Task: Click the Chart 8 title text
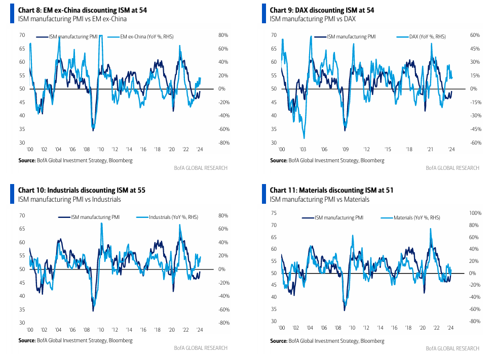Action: [x=83, y=10]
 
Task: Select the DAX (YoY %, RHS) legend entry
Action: [x=421, y=36]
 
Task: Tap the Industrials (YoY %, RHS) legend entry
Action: [x=167, y=217]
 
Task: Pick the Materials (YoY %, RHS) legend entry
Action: [x=410, y=217]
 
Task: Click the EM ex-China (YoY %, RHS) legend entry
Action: [x=140, y=36]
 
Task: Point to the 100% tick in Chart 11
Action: [x=475, y=213]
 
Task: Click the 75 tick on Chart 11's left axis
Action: [x=274, y=213]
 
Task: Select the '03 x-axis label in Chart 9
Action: [x=303, y=149]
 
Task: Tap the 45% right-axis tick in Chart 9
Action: [x=475, y=49]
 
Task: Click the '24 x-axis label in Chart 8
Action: [x=200, y=149]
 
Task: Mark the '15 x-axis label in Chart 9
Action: [x=388, y=149]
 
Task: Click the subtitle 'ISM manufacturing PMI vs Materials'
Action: [x=319, y=199]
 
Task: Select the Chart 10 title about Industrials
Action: [x=82, y=190]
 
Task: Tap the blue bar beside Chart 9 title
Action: [x=264, y=14]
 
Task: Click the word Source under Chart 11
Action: [x=278, y=341]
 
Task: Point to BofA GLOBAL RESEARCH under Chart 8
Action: [x=201, y=168]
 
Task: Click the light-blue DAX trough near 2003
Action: [x=304, y=138]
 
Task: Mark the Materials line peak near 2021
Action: [x=430, y=229]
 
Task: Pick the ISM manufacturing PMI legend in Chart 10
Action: [x=89, y=217]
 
